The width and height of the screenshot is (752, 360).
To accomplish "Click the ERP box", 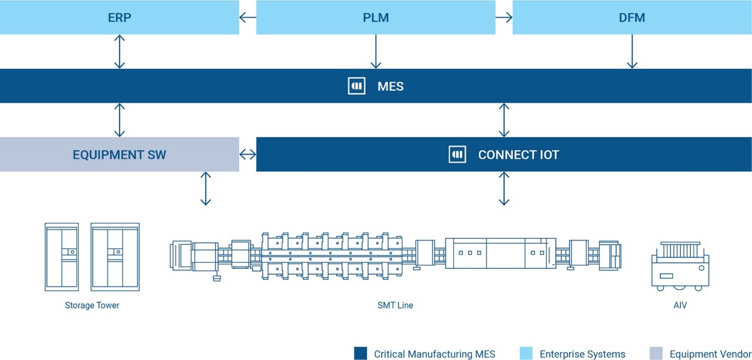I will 119,17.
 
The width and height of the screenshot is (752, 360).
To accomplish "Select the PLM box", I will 376,17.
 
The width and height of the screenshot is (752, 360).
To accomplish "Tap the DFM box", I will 632,17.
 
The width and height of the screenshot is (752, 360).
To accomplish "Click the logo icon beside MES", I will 357,86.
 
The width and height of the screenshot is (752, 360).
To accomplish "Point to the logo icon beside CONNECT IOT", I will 457,154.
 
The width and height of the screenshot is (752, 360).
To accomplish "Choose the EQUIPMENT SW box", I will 119,154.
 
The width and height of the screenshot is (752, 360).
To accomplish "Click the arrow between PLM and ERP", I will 248,17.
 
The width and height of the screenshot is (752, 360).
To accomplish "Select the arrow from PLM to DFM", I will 504,17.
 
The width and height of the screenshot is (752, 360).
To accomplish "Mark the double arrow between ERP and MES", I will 119,51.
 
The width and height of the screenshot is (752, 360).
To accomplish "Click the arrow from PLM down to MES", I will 376,51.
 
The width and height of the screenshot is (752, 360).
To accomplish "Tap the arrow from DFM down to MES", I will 632,51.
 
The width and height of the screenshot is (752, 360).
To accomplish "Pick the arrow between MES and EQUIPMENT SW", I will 119,120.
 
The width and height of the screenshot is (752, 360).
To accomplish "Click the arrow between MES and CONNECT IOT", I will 504,120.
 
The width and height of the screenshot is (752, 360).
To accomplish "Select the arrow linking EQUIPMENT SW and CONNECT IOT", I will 248,154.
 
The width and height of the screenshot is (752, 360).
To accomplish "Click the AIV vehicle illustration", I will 680,266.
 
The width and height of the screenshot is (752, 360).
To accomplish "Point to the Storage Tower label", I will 92,305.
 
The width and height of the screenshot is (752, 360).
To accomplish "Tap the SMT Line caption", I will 395,305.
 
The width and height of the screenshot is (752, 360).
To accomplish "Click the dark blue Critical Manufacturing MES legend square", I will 360,353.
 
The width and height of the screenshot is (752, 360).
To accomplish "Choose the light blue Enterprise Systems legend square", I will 526,353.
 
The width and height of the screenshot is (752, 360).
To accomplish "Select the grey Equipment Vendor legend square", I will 656,353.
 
